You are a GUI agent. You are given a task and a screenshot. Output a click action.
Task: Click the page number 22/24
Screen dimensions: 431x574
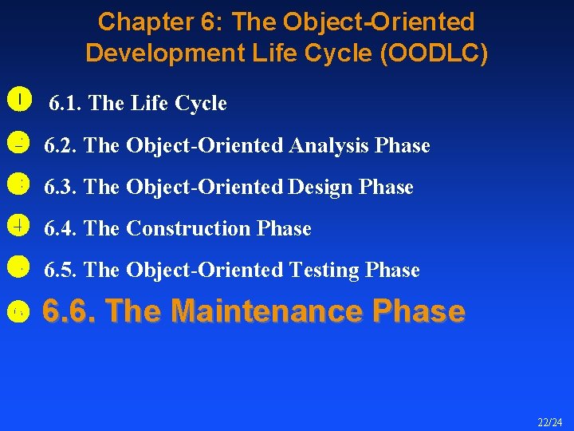549,422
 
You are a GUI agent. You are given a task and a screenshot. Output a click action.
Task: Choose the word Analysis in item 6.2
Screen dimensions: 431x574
329,145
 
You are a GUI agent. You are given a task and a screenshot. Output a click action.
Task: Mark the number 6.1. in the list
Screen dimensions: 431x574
66,104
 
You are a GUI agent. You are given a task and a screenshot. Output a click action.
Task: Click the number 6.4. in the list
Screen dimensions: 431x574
61,228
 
